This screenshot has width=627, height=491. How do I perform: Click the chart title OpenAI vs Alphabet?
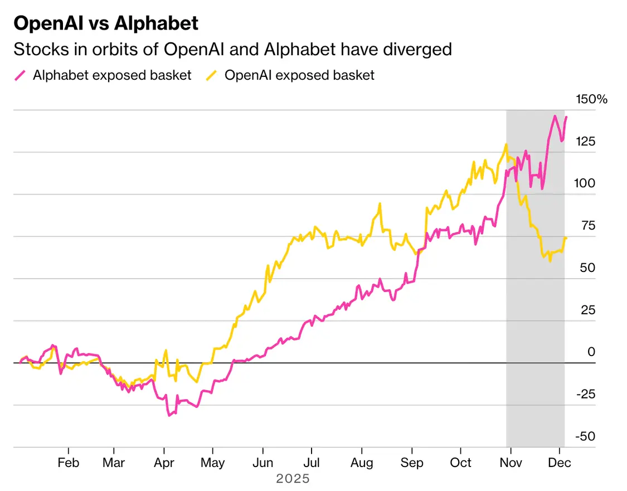pos(105,23)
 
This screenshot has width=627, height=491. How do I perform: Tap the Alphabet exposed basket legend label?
pos(112,75)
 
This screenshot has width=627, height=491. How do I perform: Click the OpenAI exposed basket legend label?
pos(299,75)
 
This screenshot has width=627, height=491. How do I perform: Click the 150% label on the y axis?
pos(591,100)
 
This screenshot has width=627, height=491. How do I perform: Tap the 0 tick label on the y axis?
pos(591,352)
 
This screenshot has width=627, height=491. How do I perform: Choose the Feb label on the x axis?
pos(68,463)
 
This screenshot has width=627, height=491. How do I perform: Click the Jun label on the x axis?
pos(263,463)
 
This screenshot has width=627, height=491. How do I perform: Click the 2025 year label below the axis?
pos(293,479)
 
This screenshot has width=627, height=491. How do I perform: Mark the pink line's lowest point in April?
pos(169,415)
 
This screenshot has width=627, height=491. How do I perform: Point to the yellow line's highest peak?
pos(506,144)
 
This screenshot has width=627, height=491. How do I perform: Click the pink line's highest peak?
pos(555,116)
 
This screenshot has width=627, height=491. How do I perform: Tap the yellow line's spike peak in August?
pos(380,204)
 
